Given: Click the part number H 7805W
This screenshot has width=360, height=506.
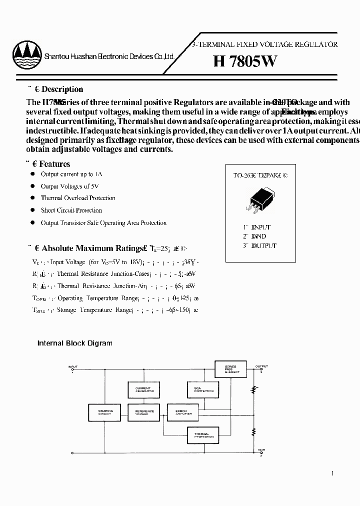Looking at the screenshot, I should click(x=245, y=61).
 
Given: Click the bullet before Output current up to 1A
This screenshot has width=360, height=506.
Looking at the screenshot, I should click(x=31, y=174).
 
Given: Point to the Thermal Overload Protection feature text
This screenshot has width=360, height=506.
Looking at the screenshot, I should click(x=78, y=198).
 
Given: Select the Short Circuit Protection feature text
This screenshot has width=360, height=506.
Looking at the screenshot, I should click(x=71, y=210).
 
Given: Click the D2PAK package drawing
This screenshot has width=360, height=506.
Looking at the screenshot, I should click(x=257, y=199).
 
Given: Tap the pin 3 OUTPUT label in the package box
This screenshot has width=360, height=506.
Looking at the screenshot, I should click(x=259, y=246).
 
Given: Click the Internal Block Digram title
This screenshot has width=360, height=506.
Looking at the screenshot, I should click(x=75, y=343).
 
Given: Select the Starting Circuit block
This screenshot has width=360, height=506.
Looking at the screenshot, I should click(x=105, y=412).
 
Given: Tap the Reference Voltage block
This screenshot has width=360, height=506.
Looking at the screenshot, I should click(x=144, y=412).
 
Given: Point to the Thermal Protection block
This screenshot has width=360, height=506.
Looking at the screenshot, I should click(x=202, y=435).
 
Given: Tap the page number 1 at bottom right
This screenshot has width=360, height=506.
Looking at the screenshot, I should click(x=333, y=473).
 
